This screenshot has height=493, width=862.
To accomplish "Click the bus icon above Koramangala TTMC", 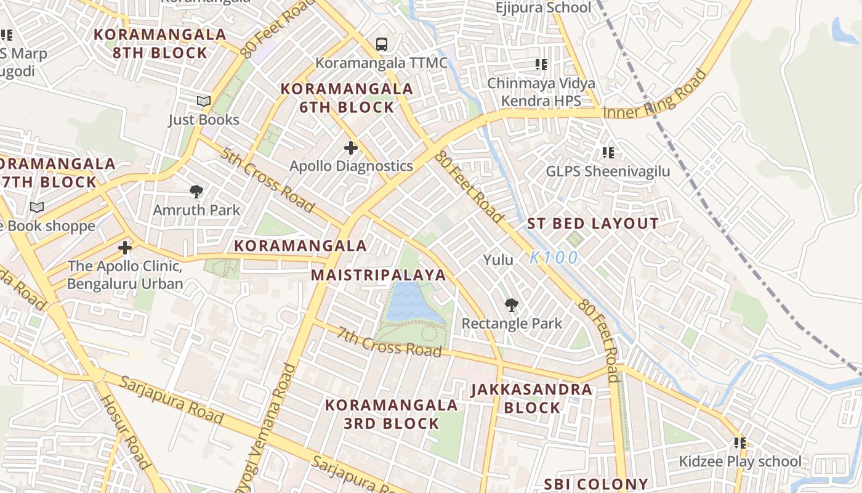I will click(x=382, y=44).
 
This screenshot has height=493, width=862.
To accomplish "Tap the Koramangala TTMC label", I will click(x=381, y=63).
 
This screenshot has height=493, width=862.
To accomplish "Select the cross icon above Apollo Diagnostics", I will click(x=351, y=148).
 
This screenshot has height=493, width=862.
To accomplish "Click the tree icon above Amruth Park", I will click(x=196, y=192).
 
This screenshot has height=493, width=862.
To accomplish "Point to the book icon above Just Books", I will click(x=204, y=101).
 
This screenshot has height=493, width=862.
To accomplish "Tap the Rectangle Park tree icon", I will click(x=511, y=305).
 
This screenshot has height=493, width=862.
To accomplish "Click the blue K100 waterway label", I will click(x=554, y=258).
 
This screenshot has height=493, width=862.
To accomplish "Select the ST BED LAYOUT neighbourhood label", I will click(x=593, y=224).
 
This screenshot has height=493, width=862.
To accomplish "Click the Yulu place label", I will click(x=498, y=259).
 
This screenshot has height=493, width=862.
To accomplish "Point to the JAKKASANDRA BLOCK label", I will click(x=532, y=399).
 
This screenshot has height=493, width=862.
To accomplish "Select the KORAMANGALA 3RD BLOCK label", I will click(x=391, y=414).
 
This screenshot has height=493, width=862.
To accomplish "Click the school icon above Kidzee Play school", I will click(x=740, y=443).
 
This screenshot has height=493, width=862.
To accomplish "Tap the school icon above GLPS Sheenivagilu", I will click(x=608, y=152).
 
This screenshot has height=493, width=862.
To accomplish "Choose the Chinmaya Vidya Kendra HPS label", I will click(x=541, y=92).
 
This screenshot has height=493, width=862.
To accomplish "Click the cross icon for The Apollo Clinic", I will click(x=125, y=248).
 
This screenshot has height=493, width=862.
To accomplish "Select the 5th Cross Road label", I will click(x=268, y=179).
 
